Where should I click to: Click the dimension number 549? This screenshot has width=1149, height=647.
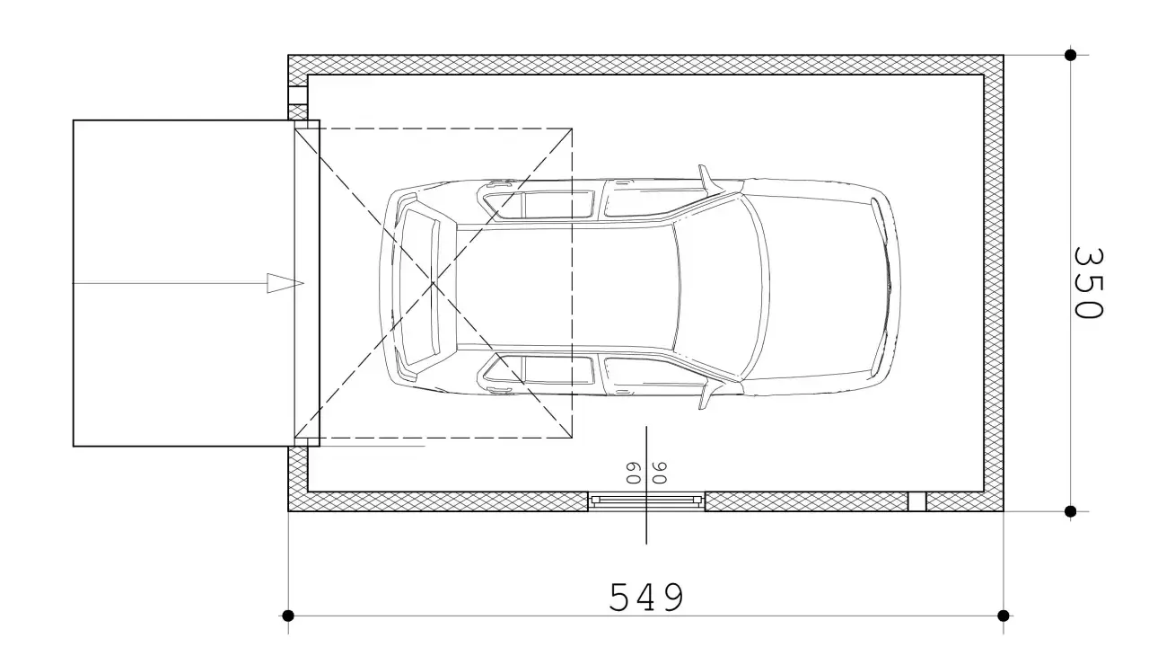pyautogui.click(x=646, y=597)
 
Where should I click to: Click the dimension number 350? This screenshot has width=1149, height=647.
pyautogui.click(x=1087, y=283)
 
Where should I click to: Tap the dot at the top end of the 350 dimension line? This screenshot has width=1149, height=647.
pyautogui.click(x=1070, y=55)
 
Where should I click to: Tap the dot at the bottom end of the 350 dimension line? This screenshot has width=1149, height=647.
pyautogui.click(x=1070, y=511)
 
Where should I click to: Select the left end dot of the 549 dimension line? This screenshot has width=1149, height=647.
pyautogui.click(x=288, y=616)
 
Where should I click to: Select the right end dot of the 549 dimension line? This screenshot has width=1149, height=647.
pyautogui.click(x=1004, y=616)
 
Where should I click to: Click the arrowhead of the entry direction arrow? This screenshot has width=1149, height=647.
pyautogui.click(x=285, y=283)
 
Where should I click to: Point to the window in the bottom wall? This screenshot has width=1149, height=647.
pyautogui.click(x=646, y=501)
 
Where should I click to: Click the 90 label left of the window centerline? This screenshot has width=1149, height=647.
pyautogui.click(x=634, y=473)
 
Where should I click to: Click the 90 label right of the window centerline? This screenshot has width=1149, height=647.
pyautogui.click(x=659, y=473)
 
